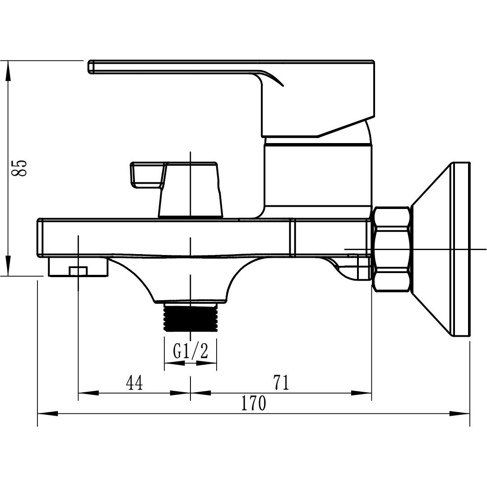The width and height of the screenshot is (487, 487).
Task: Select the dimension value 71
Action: (x=280, y=383)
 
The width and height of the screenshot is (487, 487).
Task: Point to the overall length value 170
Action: (x=253, y=404)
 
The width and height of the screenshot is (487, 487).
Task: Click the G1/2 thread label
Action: (x=190, y=351)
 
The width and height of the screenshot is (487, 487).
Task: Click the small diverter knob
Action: (x=190, y=190)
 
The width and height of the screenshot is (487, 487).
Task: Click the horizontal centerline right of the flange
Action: (x=478, y=249)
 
